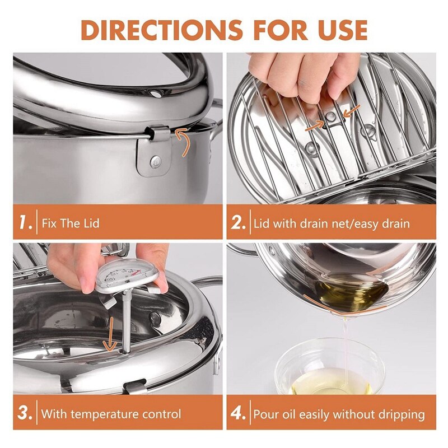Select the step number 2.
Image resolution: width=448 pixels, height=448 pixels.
239,223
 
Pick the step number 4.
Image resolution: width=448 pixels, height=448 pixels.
239,414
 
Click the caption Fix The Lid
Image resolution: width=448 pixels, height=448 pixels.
71,223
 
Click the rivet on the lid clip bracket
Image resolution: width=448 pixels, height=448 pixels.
154,162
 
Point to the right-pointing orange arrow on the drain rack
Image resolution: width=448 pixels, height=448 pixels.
314,127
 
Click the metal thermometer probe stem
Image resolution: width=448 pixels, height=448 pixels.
124,319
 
